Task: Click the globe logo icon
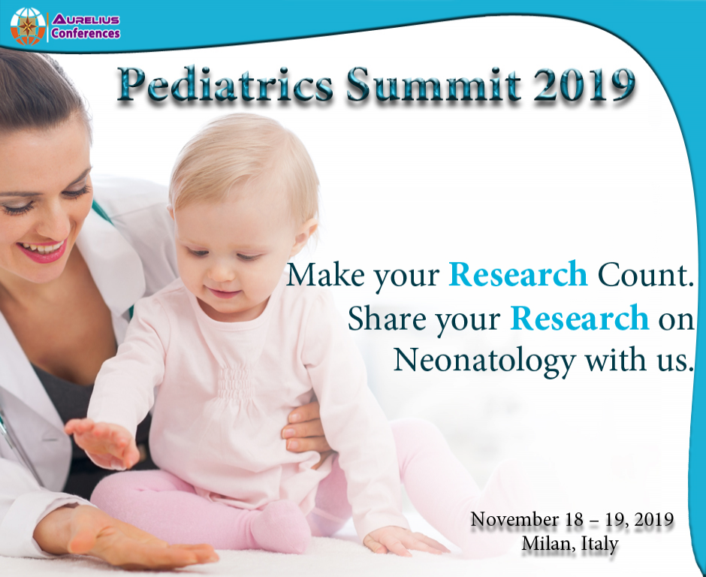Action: (x=28, y=26)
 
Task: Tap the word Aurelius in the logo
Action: (x=85, y=17)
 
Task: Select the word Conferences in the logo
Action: (x=85, y=33)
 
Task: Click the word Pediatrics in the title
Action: (x=225, y=86)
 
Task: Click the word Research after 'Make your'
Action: (x=518, y=276)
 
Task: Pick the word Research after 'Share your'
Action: (x=579, y=319)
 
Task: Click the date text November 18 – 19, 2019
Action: (x=571, y=519)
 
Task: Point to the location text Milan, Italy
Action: (x=570, y=542)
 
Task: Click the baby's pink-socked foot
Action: (x=282, y=526)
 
